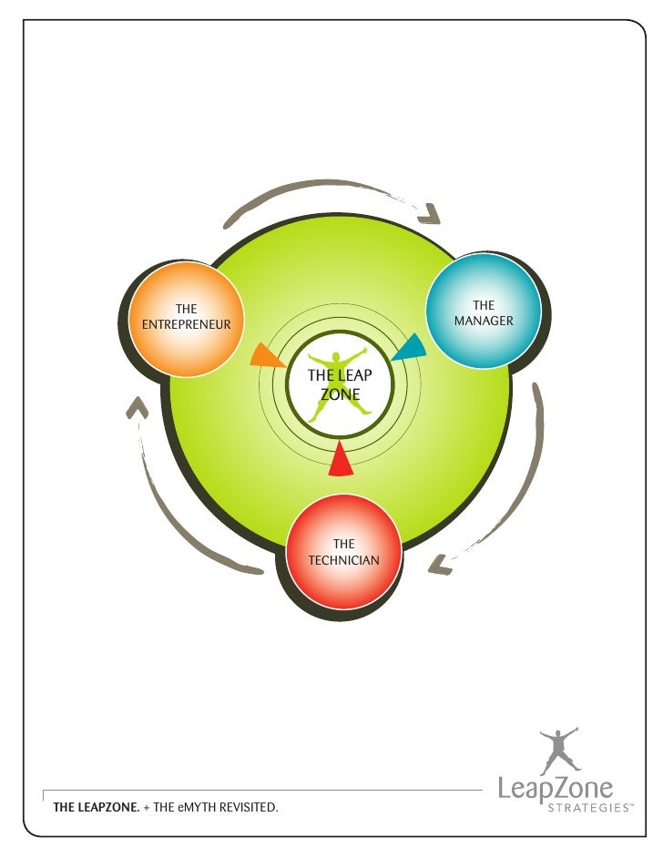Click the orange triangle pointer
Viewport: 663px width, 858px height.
coord(265,356)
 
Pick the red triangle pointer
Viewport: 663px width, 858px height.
coord(341,460)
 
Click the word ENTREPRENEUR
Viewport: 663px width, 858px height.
coord(186,324)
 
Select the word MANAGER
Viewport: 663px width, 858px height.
coord(484,322)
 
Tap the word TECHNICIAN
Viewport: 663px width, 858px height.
coord(343,560)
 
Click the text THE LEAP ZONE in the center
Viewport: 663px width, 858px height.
coord(339,385)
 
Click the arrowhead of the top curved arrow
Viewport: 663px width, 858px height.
coord(430,215)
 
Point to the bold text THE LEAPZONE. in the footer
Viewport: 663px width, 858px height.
coord(96,807)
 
